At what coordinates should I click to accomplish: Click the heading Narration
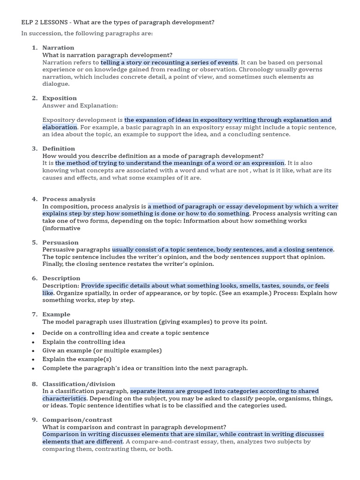[58, 48]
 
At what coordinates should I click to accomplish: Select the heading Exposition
[60, 98]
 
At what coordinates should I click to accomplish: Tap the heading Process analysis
[68, 199]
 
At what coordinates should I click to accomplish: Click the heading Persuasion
[60, 242]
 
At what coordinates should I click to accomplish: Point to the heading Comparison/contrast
[77, 420]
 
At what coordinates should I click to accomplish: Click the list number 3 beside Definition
[34, 149]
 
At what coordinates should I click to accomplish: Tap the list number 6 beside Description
[34, 278]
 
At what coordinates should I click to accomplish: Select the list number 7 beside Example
[34, 315]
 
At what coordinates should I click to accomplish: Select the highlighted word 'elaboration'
[60, 127]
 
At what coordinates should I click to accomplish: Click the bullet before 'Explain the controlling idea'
[33, 342]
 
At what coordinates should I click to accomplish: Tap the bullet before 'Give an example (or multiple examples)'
[33, 351]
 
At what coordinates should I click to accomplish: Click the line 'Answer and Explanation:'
[80, 105]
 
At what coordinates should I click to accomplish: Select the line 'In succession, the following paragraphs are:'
[87, 33]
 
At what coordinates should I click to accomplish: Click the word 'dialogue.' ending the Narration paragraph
[56, 84]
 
